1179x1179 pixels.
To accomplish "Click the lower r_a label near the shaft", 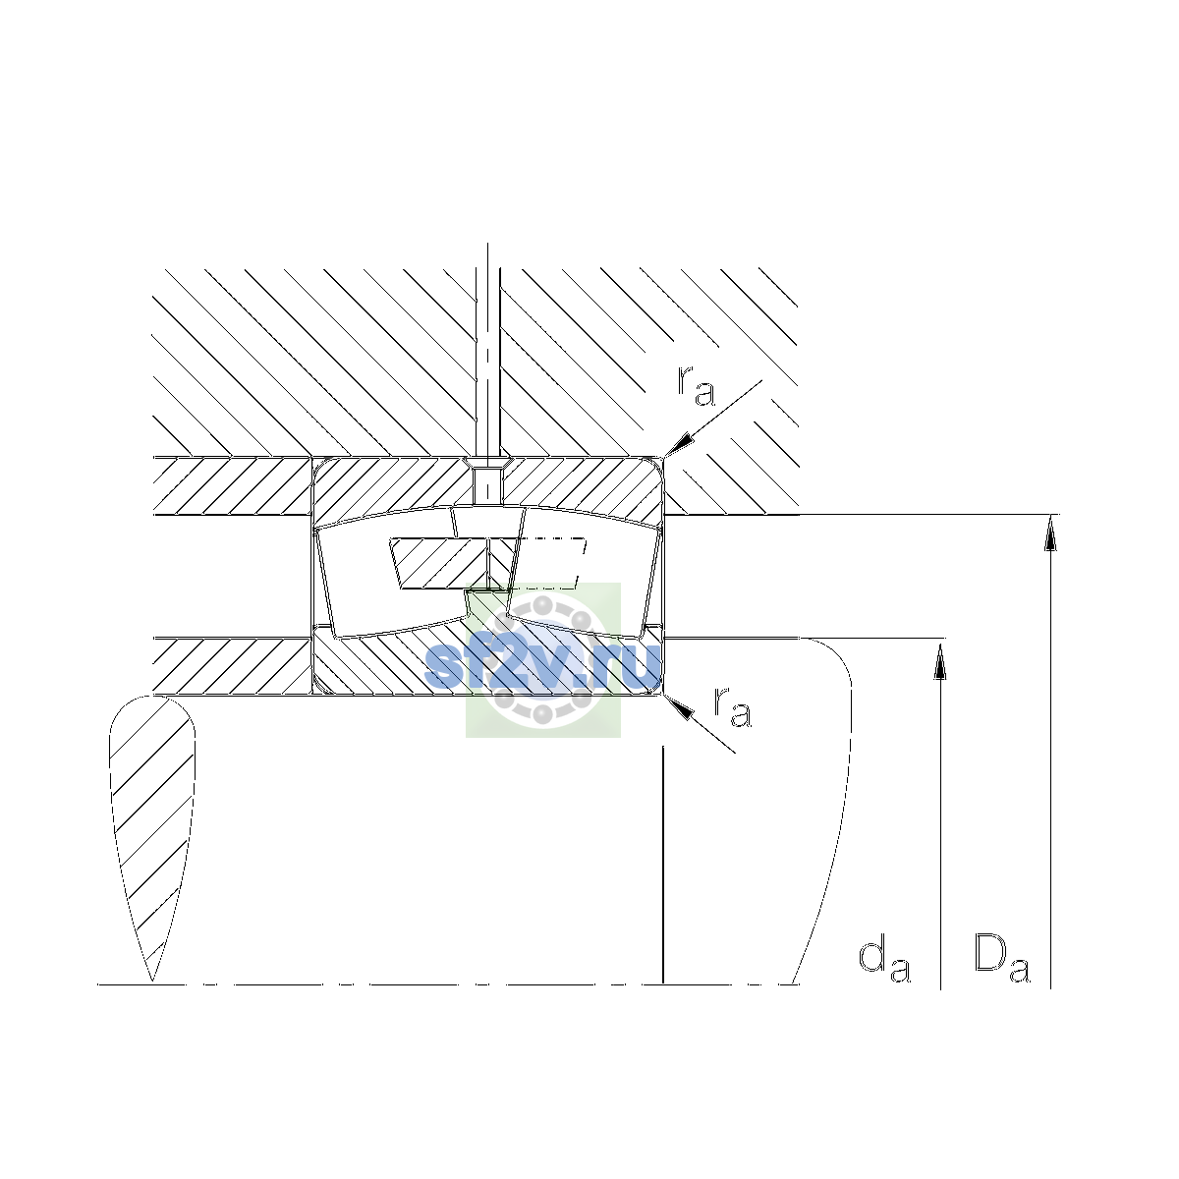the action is click(x=732, y=706).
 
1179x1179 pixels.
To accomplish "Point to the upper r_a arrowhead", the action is click(x=679, y=443).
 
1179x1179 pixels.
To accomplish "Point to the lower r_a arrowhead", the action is click(x=678, y=707).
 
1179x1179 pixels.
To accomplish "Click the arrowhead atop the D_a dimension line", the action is click(x=1050, y=533).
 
